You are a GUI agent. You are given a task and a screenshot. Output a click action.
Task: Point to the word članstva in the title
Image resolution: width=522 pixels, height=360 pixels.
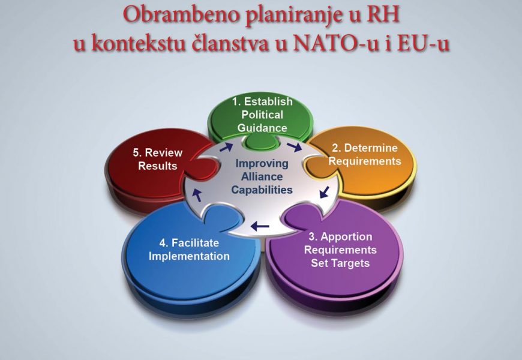pyautogui.click(x=230, y=43)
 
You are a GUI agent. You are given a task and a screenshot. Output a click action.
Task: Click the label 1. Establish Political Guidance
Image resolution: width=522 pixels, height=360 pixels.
pyautogui.click(x=262, y=115)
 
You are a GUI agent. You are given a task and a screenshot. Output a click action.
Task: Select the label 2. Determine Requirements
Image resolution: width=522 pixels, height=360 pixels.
pyautogui.click(x=365, y=155)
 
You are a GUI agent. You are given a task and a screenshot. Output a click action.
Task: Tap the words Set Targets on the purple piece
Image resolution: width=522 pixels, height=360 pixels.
pyautogui.click(x=340, y=263)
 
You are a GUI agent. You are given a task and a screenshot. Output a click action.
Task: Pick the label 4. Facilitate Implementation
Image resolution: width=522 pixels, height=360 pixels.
pyautogui.click(x=189, y=250)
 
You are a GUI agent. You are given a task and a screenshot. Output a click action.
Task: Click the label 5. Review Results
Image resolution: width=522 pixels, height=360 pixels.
pyautogui.click(x=157, y=159)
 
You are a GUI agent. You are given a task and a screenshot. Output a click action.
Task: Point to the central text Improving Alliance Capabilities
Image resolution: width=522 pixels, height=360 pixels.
pyautogui.click(x=262, y=176)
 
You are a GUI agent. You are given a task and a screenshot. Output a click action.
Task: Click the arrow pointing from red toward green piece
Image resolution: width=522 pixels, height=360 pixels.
pyautogui.click(x=226, y=147)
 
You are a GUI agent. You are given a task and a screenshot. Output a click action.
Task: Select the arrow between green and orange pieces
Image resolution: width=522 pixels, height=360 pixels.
pyautogui.click(x=294, y=146)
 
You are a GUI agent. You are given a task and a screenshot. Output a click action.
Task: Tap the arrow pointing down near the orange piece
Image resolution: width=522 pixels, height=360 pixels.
pyautogui.click(x=324, y=192)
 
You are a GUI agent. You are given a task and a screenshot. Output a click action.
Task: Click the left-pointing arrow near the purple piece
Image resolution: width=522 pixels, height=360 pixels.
pyautogui.click(x=260, y=226)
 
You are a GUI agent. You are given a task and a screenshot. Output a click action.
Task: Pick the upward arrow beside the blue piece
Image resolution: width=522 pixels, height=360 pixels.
pyautogui.click(x=197, y=195)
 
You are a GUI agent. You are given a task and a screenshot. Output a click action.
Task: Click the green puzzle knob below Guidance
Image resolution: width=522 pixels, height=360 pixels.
pyautogui.click(x=260, y=143)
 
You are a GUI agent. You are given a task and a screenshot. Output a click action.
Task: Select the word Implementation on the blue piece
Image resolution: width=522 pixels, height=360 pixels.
pyautogui.click(x=189, y=256)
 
